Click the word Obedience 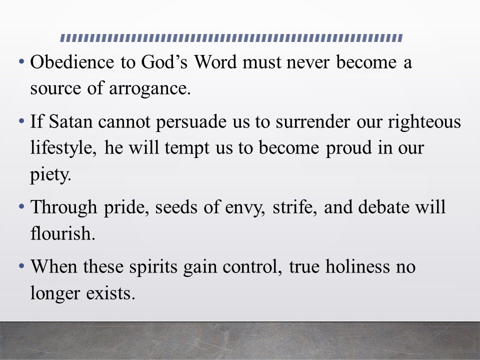click(x=72, y=62)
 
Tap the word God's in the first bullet click(x=164, y=62)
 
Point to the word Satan click(x=70, y=121)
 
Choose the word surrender click(x=312, y=121)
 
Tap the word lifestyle click(x=63, y=148)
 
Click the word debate click(x=384, y=207)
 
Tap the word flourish click(x=63, y=233)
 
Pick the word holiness click(x=357, y=266)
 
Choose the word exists click(x=110, y=293)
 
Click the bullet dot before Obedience click(x=21, y=61)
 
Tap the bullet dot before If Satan click(x=21, y=121)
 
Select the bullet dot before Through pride click(x=21, y=206)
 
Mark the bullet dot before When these click(x=21, y=266)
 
